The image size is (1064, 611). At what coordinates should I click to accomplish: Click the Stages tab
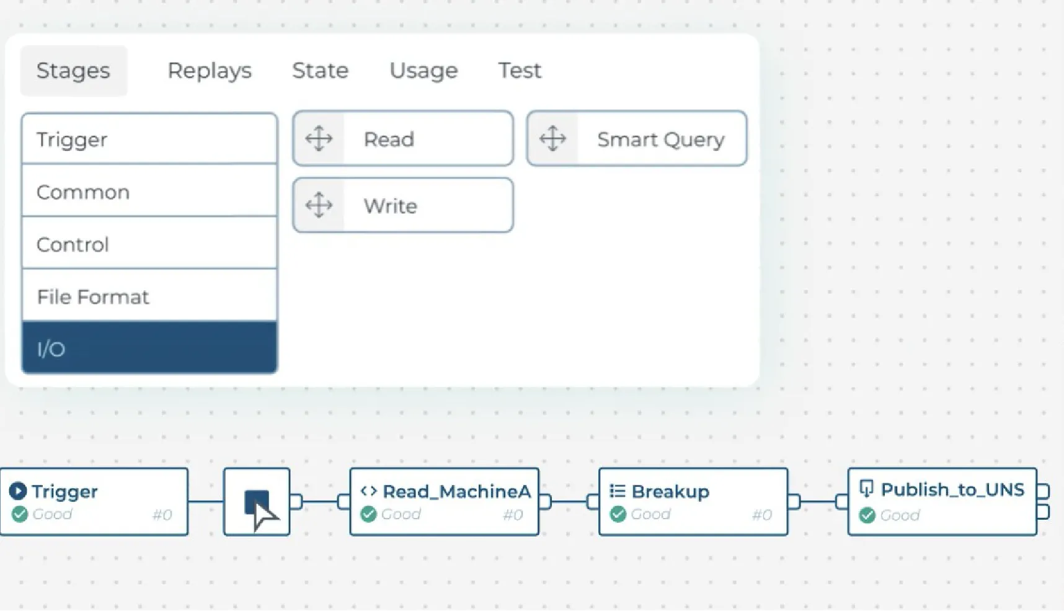click(73, 71)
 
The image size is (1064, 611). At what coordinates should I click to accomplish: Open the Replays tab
click(210, 71)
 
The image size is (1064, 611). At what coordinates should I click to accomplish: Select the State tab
click(320, 71)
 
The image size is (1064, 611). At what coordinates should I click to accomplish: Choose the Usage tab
click(423, 71)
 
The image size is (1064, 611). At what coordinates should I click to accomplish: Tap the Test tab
click(520, 71)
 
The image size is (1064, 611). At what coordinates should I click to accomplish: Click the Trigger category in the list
click(149, 140)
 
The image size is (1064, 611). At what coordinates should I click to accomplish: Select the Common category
click(149, 192)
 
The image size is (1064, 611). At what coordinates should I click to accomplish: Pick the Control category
click(149, 244)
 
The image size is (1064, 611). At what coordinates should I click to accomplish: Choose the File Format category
click(149, 297)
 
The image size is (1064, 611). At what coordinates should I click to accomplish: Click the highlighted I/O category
click(149, 349)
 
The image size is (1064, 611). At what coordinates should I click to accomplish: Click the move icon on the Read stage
click(319, 139)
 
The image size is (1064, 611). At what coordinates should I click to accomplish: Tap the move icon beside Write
click(319, 205)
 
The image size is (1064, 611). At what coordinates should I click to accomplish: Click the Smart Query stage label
click(660, 140)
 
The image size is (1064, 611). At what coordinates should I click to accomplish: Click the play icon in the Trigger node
click(18, 491)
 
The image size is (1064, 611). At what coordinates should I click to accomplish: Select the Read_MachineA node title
click(456, 491)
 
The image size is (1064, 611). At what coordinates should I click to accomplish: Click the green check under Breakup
click(618, 514)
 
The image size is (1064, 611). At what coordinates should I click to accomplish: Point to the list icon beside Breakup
click(617, 491)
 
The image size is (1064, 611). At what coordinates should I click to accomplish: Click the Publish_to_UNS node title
click(952, 490)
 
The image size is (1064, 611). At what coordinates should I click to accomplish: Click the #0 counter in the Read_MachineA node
click(513, 515)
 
